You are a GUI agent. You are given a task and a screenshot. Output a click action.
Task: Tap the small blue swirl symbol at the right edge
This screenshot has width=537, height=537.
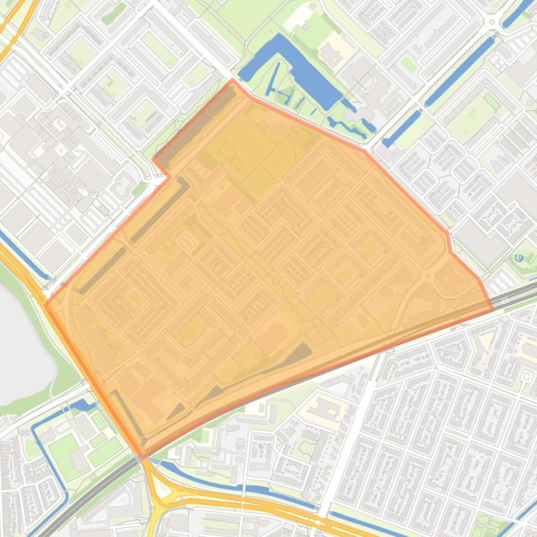pyautogui.click(x=520, y=258)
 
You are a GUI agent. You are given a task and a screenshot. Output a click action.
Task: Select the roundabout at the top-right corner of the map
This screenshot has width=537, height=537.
pyautogui.click(x=494, y=22)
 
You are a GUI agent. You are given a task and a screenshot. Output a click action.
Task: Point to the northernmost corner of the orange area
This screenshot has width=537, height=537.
pyautogui.click(x=233, y=80)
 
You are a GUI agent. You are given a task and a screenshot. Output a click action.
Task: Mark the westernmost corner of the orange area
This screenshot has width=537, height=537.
pyautogui.click(x=46, y=303)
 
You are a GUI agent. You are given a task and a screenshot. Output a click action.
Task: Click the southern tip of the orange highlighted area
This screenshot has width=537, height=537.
pyautogui.click(x=144, y=457)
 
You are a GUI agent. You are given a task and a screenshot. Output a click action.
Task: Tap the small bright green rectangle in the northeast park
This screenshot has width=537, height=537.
pyautogui.click(x=492, y=103)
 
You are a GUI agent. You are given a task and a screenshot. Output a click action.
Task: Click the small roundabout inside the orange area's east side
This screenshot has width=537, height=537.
pyautogui.click(x=427, y=276)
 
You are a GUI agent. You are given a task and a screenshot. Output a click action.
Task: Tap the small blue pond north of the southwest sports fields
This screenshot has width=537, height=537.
pyautogui.click(x=82, y=405)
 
